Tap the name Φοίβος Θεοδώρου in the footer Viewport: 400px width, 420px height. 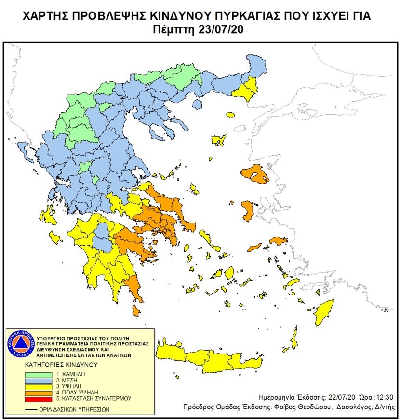(308, 407)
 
